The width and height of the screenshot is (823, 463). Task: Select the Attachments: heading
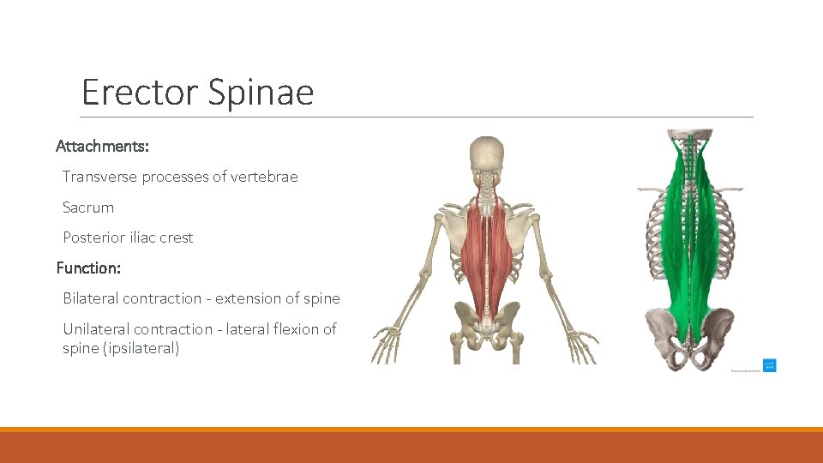(103, 147)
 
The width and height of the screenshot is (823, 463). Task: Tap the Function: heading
(88, 268)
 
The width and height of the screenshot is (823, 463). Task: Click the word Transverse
(100, 177)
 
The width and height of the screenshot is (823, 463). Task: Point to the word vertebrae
(265, 177)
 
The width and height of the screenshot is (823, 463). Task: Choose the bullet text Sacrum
(88, 207)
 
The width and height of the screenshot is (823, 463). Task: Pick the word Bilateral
(91, 298)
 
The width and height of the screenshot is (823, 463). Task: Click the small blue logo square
(769, 365)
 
